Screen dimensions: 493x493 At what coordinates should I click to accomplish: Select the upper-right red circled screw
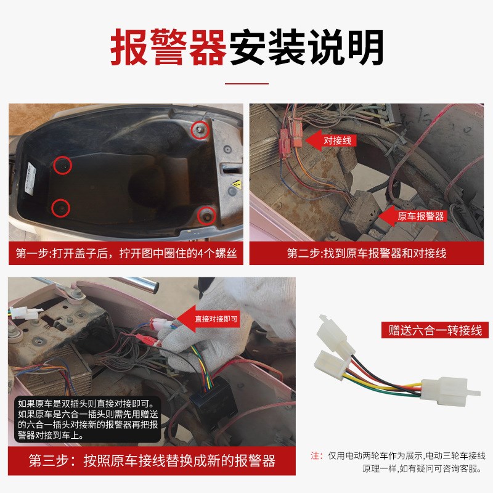(x=198, y=129)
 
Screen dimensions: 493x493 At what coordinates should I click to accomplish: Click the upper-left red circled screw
(x=62, y=165)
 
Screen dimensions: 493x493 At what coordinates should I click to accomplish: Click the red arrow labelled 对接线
(x=333, y=141)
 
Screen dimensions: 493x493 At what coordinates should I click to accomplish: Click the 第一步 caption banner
(x=126, y=253)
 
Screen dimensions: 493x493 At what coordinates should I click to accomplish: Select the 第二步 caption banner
(x=367, y=253)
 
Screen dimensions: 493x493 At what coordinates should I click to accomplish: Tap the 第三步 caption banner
(x=152, y=462)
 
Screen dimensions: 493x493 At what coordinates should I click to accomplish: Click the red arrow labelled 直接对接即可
(x=210, y=319)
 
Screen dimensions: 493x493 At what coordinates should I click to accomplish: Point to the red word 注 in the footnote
(x=317, y=456)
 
